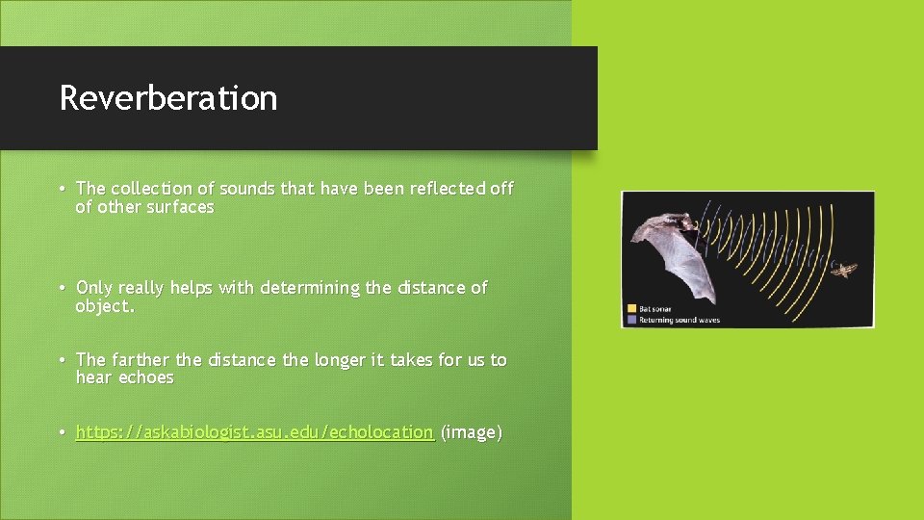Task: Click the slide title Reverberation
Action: pyautogui.click(x=167, y=98)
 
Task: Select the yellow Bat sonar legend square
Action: pyautogui.click(x=631, y=309)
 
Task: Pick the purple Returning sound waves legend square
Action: pyautogui.click(x=631, y=320)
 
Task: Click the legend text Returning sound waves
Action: pyautogui.click(x=680, y=320)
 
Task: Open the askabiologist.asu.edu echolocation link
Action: pyautogui.click(x=254, y=432)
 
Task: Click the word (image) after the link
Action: pyautogui.click(x=471, y=432)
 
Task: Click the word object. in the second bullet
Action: pyautogui.click(x=105, y=306)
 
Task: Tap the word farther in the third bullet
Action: pyautogui.click(x=141, y=360)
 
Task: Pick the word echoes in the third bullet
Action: pyautogui.click(x=145, y=377)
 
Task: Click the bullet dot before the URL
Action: pyautogui.click(x=62, y=433)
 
